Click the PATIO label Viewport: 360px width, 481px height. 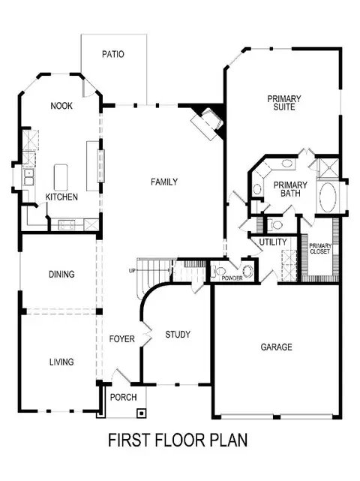113,54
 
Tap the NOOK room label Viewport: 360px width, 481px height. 61,106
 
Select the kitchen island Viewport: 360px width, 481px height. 61,178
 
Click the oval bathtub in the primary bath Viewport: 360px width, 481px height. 328,197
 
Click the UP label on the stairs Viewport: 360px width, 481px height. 132,271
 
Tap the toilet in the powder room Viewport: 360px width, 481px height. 219,271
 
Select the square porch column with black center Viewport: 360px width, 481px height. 141,413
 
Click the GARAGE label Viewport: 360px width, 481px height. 276,347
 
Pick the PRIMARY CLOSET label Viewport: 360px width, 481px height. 320,248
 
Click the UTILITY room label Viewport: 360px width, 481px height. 273,242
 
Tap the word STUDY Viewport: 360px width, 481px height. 178,334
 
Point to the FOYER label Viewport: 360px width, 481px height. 122,338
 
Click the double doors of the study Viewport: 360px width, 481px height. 146,334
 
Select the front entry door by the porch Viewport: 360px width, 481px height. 121,376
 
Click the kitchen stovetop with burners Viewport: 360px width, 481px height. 67,225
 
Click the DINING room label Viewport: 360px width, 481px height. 61,274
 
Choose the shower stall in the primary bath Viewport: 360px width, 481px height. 328,168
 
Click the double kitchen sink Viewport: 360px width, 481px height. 28,177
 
